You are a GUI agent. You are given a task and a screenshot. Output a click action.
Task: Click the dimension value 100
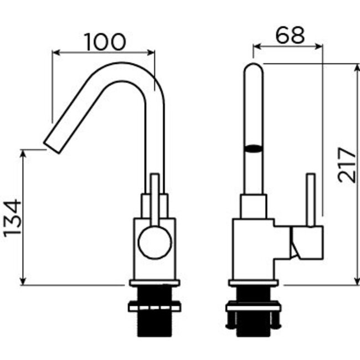point(105,40)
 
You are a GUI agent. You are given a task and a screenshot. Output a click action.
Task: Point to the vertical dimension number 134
point(13,218)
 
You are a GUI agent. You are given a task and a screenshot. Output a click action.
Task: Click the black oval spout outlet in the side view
point(253,148)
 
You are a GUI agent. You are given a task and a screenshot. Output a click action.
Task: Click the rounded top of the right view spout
point(254,69)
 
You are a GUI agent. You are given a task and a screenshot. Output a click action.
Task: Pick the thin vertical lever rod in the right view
point(311,199)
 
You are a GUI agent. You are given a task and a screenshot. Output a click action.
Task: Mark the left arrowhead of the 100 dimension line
point(55,53)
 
